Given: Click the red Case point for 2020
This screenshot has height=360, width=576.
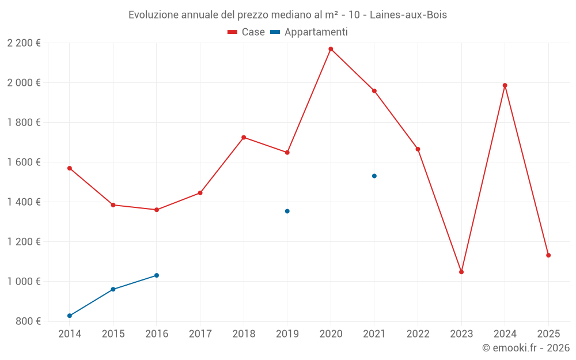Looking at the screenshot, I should [x=331, y=49].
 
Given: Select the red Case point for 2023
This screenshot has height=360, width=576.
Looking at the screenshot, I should [x=461, y=272].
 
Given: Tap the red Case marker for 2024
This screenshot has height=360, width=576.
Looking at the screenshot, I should [x=505, y=85].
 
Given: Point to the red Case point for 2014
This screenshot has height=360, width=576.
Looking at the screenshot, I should [x=70, y=168].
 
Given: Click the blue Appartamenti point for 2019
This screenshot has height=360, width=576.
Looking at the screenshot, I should [x=287, y=211].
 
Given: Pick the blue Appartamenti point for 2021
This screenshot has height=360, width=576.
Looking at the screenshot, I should [x=374, y=176].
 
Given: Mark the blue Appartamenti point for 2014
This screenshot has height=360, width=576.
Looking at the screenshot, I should [x=70, y=316].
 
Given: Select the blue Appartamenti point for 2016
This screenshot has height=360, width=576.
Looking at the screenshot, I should [x=157, y=275].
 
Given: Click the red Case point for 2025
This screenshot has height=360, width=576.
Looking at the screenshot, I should [x=548, y=255].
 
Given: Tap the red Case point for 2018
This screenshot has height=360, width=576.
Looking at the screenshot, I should [x=244, y=138].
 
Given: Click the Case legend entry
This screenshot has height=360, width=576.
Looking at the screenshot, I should [x=247, y=32].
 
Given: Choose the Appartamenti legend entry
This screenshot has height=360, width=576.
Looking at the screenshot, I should [x=309, y=32].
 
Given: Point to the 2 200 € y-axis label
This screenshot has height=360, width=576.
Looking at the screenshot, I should [x=24, y=43].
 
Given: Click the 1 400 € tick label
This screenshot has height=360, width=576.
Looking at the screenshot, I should [x=24, y=202].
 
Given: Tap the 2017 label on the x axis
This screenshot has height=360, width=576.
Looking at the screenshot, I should [x=200, y=334].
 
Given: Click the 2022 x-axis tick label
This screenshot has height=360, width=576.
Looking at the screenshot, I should [x=418, y=334].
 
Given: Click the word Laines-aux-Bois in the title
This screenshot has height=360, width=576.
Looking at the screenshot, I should [x=408, y=14].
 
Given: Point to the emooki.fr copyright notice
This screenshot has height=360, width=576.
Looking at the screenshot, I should [x=526, y=348].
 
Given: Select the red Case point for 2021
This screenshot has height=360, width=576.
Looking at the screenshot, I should [x=374, y=91].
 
